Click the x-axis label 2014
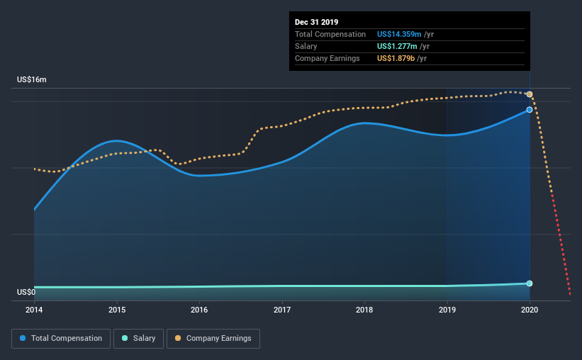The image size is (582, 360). [34, 310]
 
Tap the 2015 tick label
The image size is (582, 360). [117, 310]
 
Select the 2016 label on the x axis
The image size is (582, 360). [199, 310]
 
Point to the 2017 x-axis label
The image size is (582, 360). [282, 310]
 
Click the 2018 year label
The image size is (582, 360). [364, 310]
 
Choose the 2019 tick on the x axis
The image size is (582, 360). [447, 310]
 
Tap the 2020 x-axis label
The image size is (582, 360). [530, 310]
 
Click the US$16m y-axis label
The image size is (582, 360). [32, 80]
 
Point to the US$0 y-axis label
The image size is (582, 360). [26, 292]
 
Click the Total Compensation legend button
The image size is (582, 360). [61, 339]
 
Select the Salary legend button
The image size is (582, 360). [139, 339]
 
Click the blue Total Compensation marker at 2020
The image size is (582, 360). [530, 110]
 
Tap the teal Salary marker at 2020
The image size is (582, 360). [530, 283]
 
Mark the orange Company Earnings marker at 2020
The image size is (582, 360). [530, 94]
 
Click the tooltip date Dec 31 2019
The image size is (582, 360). [317, 22]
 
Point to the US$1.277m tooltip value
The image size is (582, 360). [400, 46]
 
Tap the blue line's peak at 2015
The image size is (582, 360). [116, 140]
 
